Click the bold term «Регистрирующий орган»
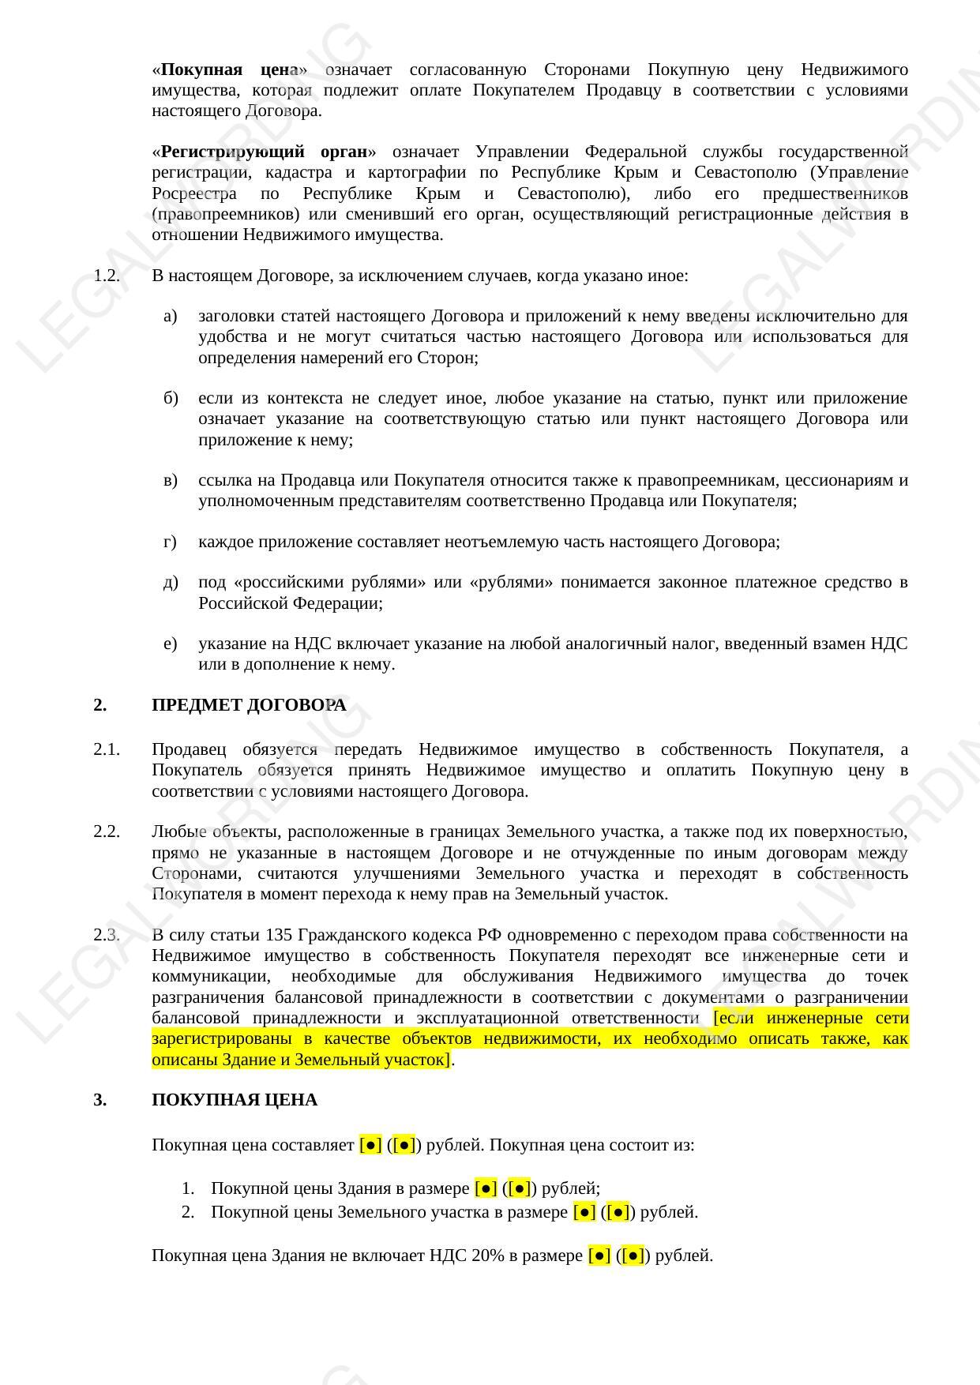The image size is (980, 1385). point(265,152)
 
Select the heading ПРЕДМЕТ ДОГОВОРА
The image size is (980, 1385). point(249,705)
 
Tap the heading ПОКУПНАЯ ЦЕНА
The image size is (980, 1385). point(235,1100)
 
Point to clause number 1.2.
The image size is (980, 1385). point(107,276)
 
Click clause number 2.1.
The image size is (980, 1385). point(107,749)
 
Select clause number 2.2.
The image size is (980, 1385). point(107,831)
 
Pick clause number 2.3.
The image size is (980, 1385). point(107,935)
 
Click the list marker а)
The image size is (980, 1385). point(171,317)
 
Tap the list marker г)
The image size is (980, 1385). point(170,542)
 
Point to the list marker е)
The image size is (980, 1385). point(171,644)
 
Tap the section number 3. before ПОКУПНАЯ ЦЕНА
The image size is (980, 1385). point(100,1100)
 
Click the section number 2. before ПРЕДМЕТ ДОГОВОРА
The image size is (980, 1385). point(100,705)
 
